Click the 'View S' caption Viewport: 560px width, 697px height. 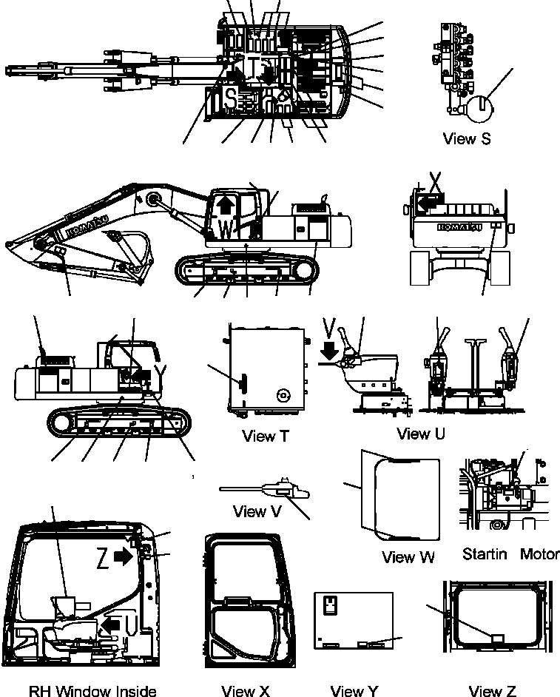(x=466, y=138)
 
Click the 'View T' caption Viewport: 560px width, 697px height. (x=264, y=436)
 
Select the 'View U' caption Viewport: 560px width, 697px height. (x=422, y=433)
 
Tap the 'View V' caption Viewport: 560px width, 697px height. (x=259, y=511)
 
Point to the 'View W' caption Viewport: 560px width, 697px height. (x=408, y=557)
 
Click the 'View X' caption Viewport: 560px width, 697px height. (x=246, y=691)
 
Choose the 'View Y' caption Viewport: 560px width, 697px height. (x=356, y=691)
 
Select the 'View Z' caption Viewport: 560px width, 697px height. (x=492, y=691)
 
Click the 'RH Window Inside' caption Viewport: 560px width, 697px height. (x=92, y=691)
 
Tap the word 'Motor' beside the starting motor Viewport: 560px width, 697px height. (x=540, y=553)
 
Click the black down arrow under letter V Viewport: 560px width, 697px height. (x=330, y=348)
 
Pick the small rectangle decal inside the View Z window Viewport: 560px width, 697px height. (x=498, y=638)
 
